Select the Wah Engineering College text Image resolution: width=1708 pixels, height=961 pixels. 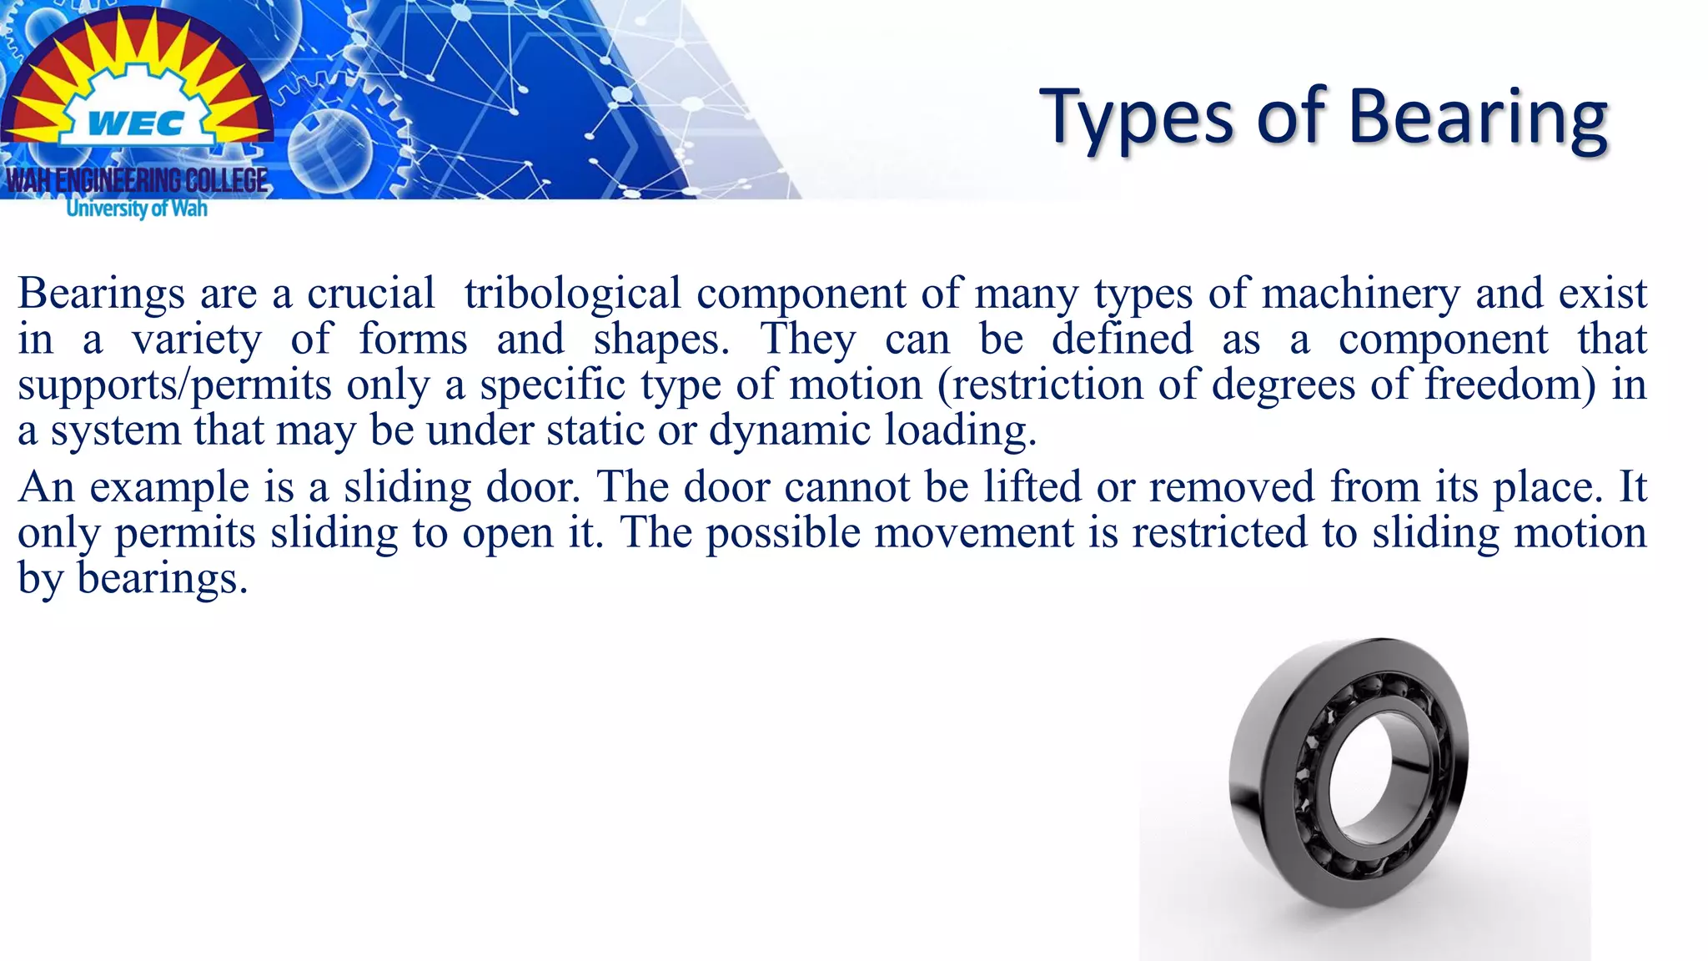click(138, 180)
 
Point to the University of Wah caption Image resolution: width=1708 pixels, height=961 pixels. click(137, 208)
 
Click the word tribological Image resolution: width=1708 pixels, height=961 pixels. click(572, 294)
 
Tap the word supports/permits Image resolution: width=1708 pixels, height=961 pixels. click(174, 385)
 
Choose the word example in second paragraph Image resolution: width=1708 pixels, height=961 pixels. click(169, 487)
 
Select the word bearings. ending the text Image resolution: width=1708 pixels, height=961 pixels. click(163, 578)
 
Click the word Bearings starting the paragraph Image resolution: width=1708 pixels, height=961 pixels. click(101, 294)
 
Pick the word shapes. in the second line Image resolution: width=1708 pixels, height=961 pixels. click(661, 340)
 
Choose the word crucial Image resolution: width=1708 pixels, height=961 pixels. click(371, 294)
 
